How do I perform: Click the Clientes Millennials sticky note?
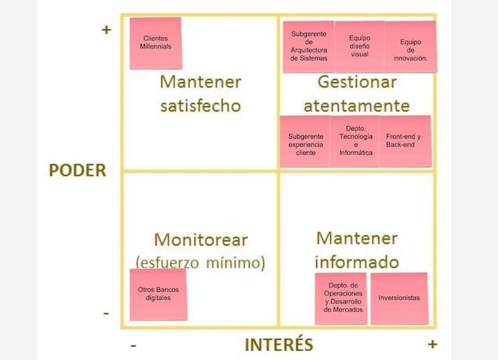pos(156,43)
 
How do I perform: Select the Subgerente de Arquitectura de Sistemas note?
pos(309,46)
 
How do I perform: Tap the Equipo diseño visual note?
pos(359,46)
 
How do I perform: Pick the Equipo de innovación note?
pos(410,48)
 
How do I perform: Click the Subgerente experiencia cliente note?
pos(305,142)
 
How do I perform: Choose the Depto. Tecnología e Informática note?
pos(355,142)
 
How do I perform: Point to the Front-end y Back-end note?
pos(404,141)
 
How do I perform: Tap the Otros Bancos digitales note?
pos(159,293)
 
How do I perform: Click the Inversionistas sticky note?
pos(399,298)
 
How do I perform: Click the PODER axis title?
pos(77,171)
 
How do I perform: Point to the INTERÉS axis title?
pos(279,345)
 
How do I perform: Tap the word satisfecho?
pos(201,107)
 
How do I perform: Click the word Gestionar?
pos(356,82)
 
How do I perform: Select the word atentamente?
pos(356,107)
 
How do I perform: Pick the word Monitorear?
pos(201,239)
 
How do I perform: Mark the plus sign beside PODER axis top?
pos(107,30)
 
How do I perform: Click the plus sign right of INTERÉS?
pos(433,344)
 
